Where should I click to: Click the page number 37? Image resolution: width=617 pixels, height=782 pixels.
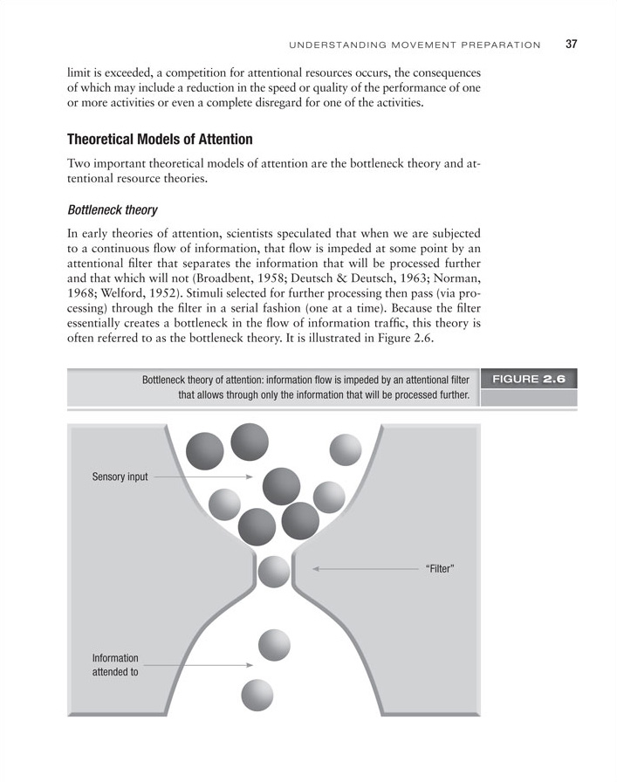tap(572, 44)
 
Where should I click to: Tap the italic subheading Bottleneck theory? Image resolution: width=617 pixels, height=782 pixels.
tap(112, 209)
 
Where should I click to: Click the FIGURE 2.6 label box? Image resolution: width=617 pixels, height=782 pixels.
tap(529, 380)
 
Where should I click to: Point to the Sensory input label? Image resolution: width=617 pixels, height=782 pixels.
tap(120, 477)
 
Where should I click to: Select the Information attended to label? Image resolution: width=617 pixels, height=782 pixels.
tap(115, 665)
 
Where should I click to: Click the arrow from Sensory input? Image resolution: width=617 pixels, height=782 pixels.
tap(202, 477)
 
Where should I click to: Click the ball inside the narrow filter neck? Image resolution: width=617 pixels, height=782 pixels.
tap(274, 572)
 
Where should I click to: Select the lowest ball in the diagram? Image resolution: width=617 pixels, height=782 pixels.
tap(257, 695)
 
